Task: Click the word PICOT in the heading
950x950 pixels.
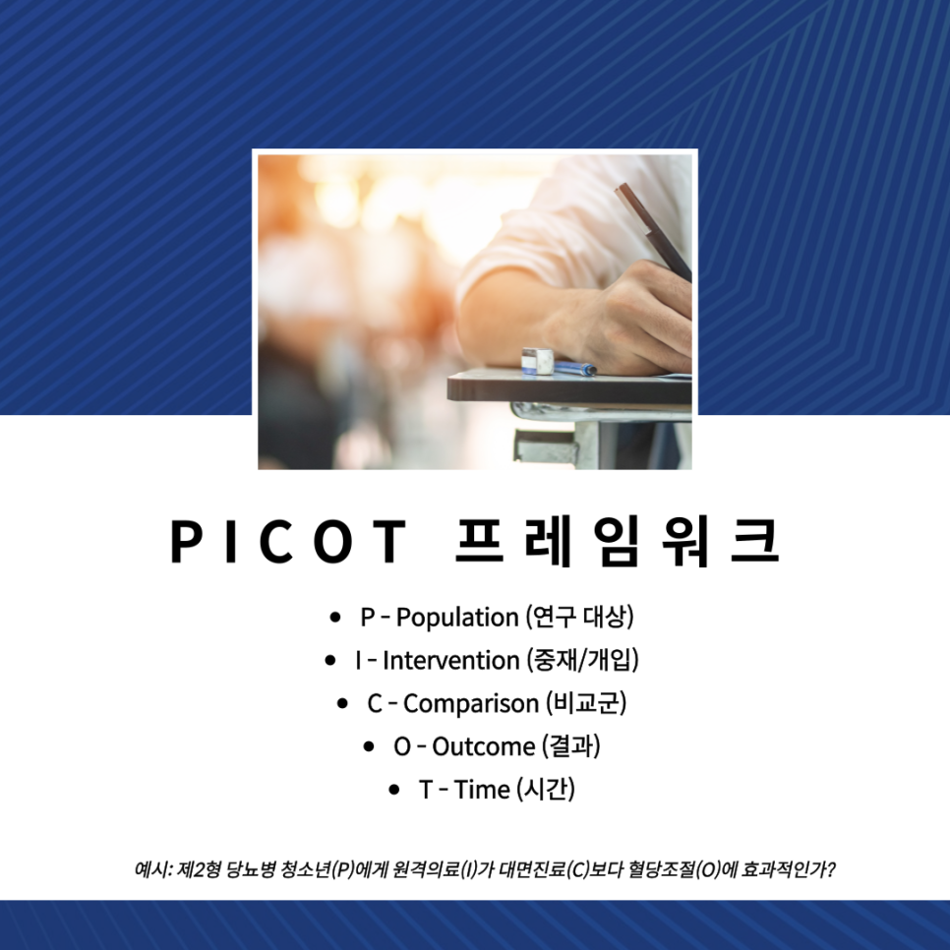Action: tap(287, 541)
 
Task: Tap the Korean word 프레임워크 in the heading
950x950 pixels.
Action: tap(617, 541)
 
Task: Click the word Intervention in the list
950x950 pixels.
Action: tap(450, 660)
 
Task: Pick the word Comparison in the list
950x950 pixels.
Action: tap(471, 703)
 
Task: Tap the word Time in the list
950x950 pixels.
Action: tap(482, 790)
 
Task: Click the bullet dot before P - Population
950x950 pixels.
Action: tap(335, 619)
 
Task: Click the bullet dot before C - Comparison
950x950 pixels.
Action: tap(342, 704)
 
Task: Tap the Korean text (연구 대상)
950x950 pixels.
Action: tap(579, 618)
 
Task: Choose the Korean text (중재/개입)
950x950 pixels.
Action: tap(582, 660)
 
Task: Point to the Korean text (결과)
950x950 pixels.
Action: tap(569, 746)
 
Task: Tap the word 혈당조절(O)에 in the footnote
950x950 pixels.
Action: tap(717, 870)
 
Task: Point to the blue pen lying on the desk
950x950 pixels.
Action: tap(574, 369)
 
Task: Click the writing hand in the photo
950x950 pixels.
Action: tap(629, 315)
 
